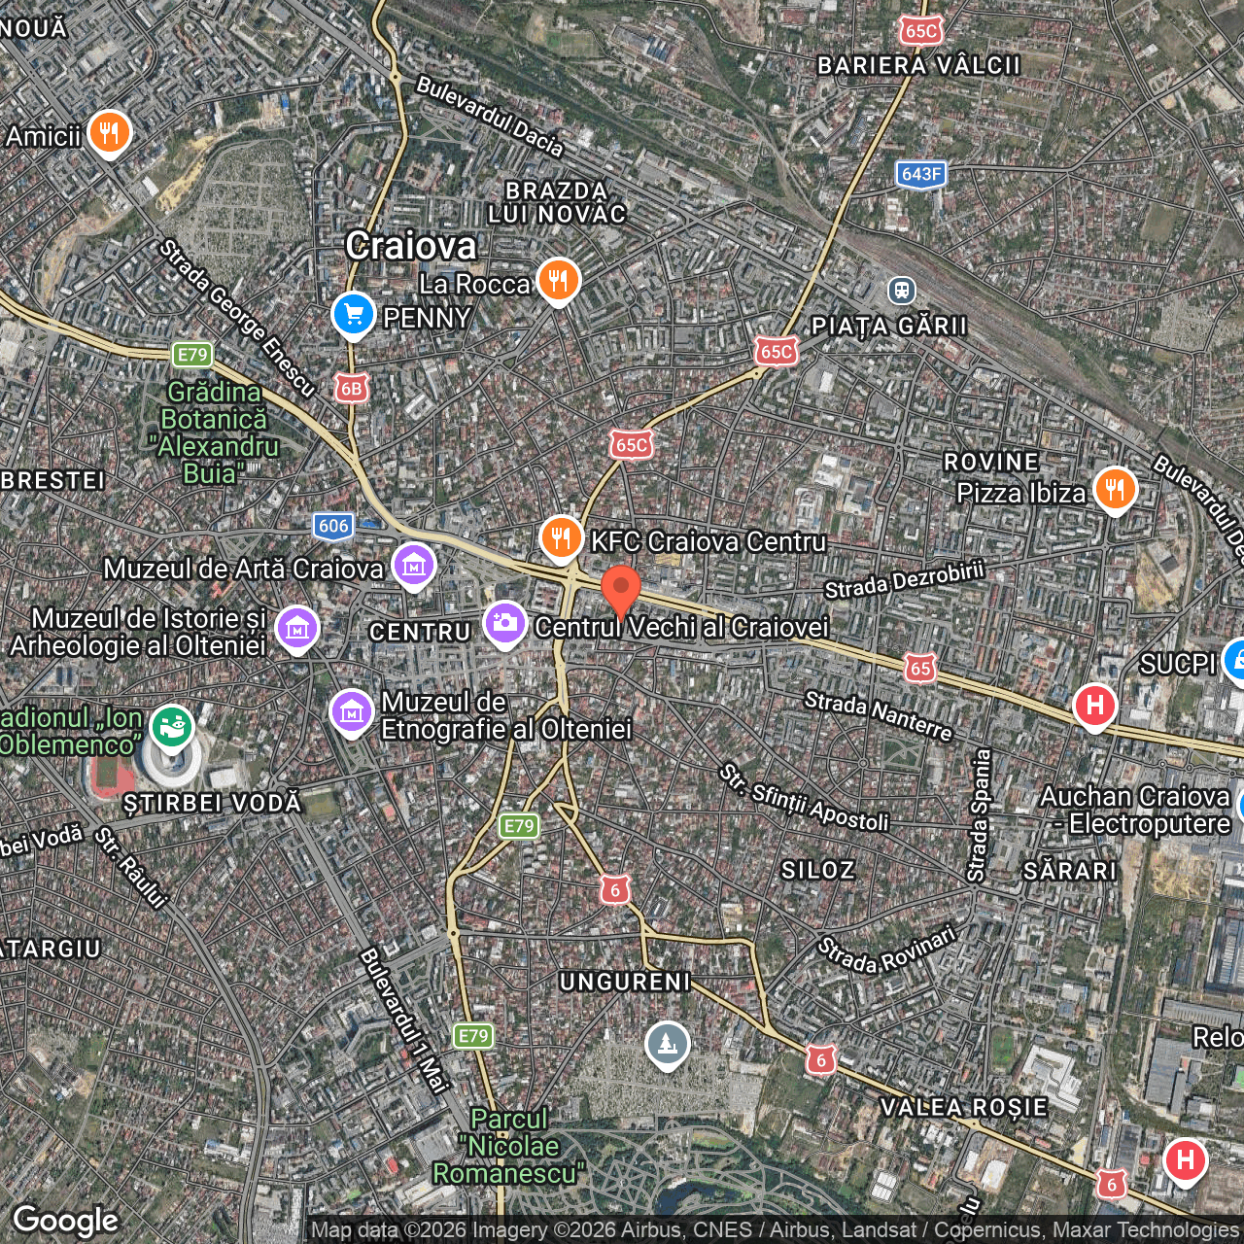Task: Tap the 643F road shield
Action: (920, 175)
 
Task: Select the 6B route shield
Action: (351, 389)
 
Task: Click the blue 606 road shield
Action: (333, 526)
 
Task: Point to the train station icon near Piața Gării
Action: (902, 290)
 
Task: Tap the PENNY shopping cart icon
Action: (353, 315)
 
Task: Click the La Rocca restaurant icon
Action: (558, 281)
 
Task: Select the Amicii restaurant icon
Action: (109, 133)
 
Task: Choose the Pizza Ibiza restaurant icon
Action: (1115, 490)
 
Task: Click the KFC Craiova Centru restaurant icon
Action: (561, 537)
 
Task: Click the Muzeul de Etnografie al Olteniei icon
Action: (351, 712)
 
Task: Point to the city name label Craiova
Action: (411, 246)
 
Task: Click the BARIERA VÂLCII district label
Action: (918, 65)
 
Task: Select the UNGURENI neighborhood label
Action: (625, 982)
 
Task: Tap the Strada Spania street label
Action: (979, 815)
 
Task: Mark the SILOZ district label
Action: (818, 870)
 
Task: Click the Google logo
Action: (66, 1221)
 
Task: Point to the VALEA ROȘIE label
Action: (963, 1107)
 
